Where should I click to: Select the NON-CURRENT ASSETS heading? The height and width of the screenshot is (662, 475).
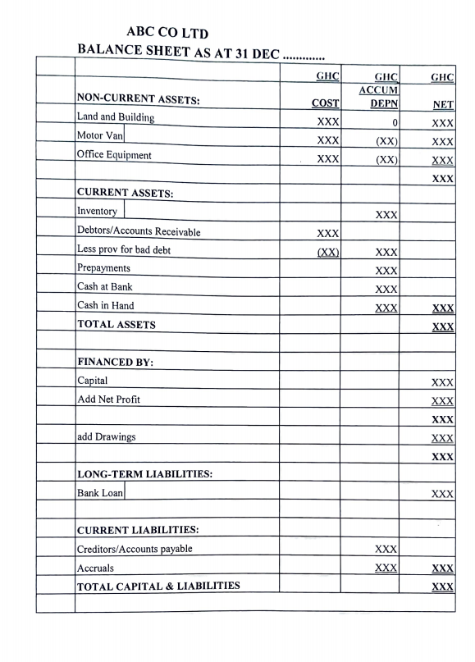coord(139,100)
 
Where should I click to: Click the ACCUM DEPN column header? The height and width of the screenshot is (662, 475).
coord(379,98)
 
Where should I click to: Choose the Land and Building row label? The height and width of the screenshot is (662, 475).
coord(115,117)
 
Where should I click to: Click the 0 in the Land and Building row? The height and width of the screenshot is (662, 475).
coord(395,122)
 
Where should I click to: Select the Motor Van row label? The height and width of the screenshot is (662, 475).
coord(99,135)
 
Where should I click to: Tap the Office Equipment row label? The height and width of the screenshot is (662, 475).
coord(114,154)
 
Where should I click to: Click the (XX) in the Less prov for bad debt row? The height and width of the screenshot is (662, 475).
coord(328,252)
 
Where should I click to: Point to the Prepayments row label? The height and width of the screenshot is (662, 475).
coord(103,268)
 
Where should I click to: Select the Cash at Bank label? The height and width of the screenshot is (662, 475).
coord(104,287)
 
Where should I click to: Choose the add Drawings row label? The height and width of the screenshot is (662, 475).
coord(106,436)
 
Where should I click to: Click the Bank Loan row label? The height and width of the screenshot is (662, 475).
coord(99,493)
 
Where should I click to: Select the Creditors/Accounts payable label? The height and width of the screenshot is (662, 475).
coord(135,549)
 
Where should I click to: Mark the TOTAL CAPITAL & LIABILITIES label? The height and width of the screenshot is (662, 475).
coord(158,586)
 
